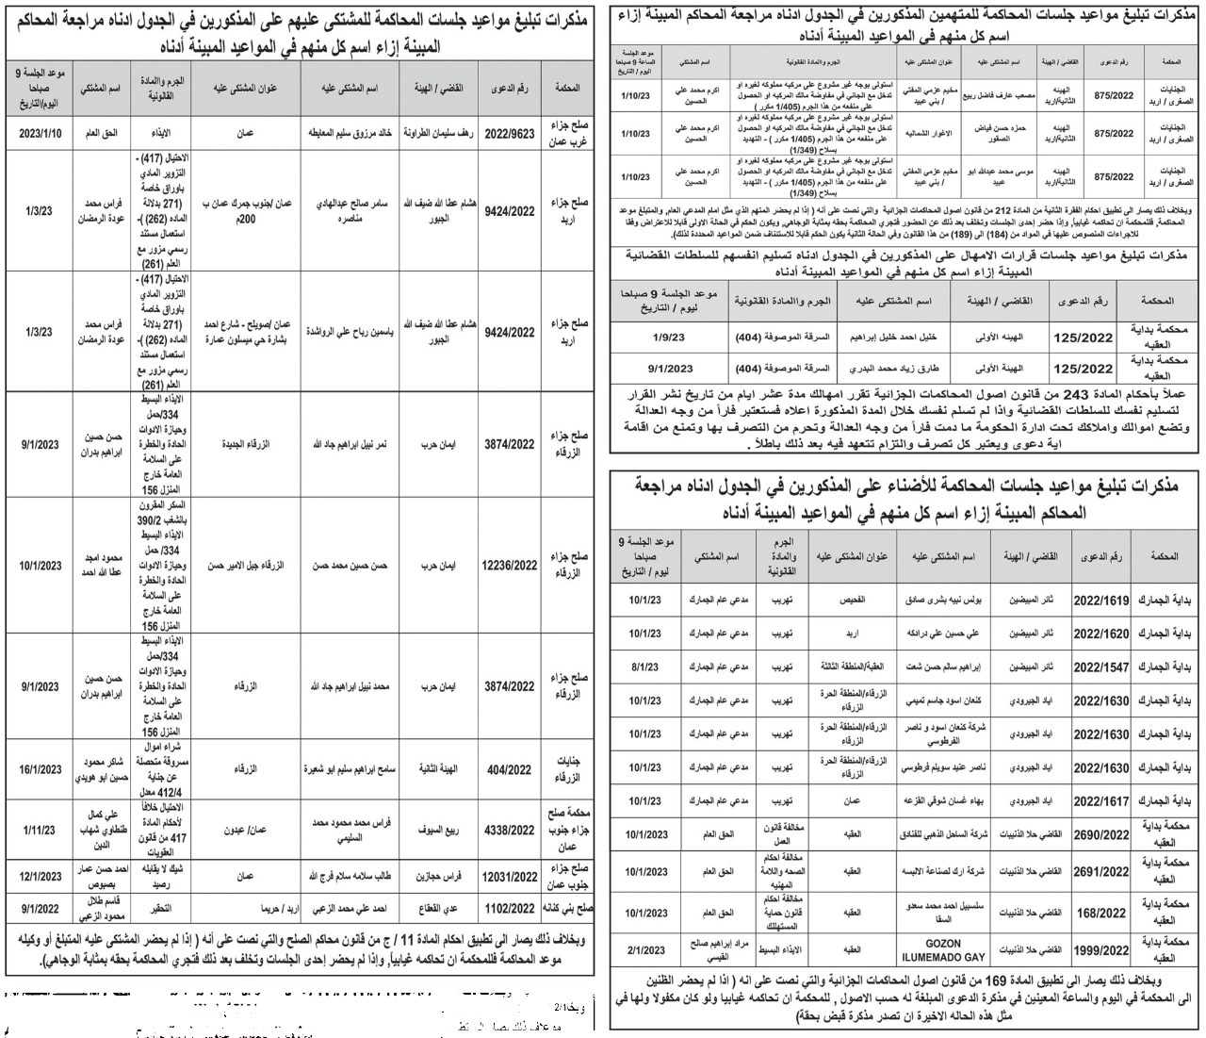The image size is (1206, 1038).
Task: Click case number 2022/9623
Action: (x=509, y=134)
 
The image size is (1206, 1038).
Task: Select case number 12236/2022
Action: (x=509, y=566)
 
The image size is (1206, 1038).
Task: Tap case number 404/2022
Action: (x=509, y=769)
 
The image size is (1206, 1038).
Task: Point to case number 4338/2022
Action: (x=509, y=831)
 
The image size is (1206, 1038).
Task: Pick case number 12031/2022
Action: (x=509, y=877)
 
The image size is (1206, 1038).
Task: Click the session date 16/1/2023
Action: (x=40, y=769)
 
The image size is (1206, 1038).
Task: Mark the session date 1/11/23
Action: (x=40, y=831)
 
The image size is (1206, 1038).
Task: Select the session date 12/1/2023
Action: (x=40, y=877)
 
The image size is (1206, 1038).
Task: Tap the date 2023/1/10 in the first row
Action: (x=40, y=134)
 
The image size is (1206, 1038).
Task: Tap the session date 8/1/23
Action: (x=645, y=667)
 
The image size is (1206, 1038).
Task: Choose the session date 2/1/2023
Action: (x=645, y=950)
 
